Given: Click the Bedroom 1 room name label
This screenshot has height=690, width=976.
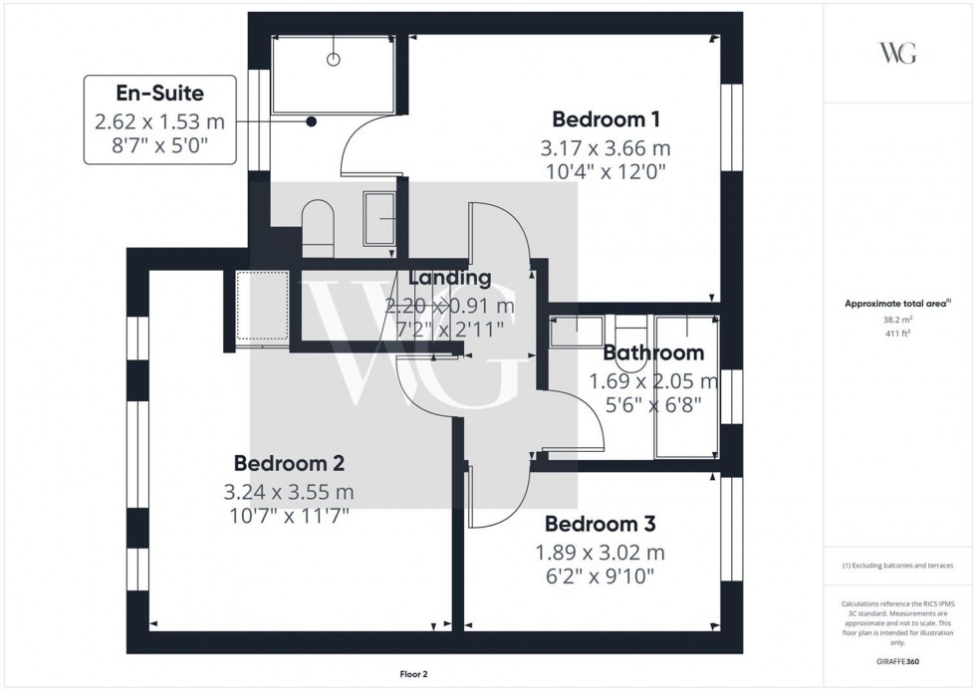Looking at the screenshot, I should click(x=606, y=119).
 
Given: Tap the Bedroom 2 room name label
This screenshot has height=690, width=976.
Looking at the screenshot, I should click(x=289, y=463).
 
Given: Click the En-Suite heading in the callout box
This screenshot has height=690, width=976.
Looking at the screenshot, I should click(x=159, y=95).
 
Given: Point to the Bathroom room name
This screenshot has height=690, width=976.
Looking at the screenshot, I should click(x=653, y=352).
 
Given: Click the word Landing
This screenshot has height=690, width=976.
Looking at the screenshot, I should click(x=450, y=279).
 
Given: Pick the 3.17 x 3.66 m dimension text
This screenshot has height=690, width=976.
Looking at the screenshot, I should click(x=606, y=147).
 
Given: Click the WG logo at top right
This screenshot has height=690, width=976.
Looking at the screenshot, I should click(x=898, y=52).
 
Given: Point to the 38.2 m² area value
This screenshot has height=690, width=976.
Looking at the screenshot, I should click(x=898, y=320).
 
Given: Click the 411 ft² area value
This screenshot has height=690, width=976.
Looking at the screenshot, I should click(x=898, y=334).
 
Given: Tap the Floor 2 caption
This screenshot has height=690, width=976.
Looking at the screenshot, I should click(x=412, y=674).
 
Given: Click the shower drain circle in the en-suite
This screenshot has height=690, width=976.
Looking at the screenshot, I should click(x=334, y=59).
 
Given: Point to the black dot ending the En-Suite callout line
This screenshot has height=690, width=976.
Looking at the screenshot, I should click(x=312, y=121).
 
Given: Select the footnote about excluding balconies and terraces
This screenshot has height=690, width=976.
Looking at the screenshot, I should click(x=898, y=566).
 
